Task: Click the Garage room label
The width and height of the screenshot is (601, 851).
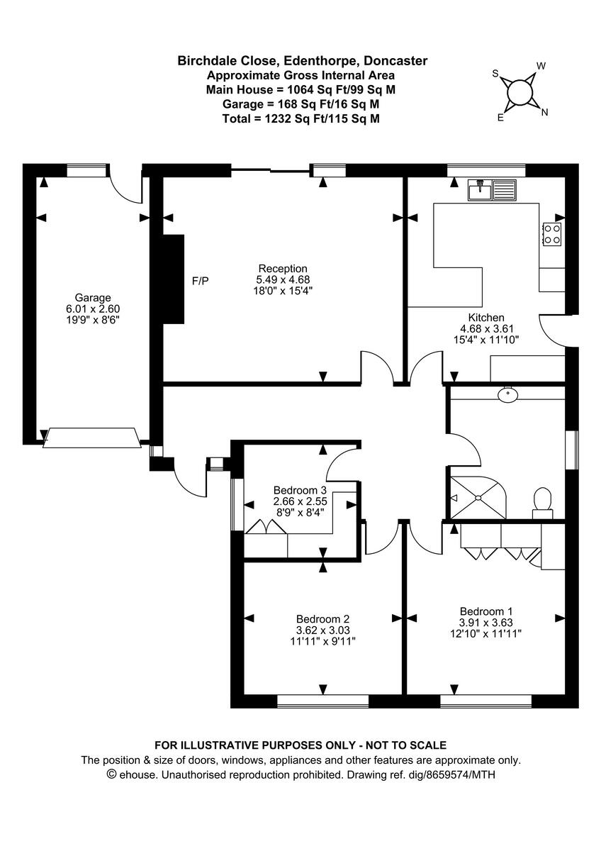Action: pos(93,298)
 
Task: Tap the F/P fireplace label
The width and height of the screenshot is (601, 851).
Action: pos(201,282)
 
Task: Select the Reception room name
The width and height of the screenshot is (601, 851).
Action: pos(283,269)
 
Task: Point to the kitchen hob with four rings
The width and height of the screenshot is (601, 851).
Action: pos(551,233)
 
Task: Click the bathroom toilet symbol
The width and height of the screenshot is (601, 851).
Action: pos(543,499)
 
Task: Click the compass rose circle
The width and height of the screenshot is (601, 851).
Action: pos(520,92)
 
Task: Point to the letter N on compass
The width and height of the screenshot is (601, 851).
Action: pos(544,112)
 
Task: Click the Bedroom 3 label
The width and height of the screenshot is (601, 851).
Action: pos(300,490)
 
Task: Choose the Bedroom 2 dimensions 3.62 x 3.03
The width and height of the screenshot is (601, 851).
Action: pos(323,630)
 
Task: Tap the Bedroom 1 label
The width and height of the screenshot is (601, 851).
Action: pos(486,611)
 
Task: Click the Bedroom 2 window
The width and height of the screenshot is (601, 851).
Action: pos(323,701)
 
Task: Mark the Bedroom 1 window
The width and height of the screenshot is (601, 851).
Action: pos(485,701)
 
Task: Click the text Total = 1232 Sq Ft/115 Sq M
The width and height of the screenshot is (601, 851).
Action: pos(302,119)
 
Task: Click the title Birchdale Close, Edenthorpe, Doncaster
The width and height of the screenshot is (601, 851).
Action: pos(302,61)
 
